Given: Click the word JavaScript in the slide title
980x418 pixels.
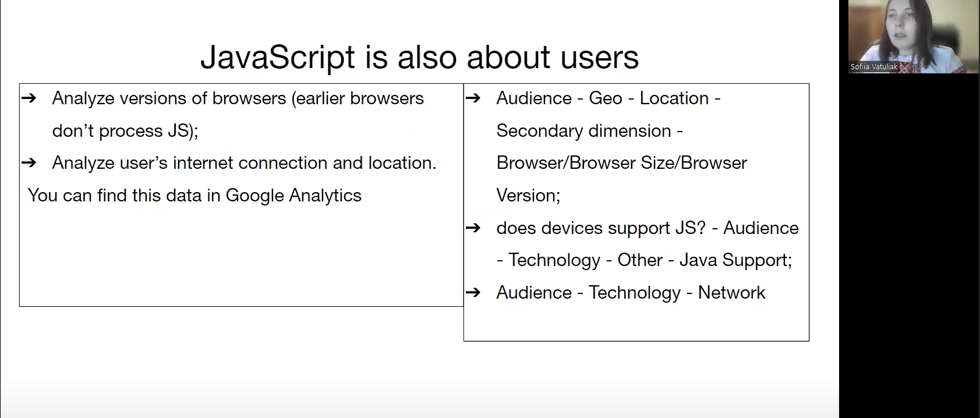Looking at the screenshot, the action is pyautogui.click(x=277, y=58).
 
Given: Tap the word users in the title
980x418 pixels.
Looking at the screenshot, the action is pyautogui.click(x=599, y=57).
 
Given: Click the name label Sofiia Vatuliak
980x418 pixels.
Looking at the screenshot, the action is pyautogui.click(x=873, y=67).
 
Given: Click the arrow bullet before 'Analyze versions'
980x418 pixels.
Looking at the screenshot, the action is pyautogui.click(x=29, y=98).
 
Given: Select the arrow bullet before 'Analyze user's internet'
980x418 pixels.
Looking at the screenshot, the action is pyautogui.click(x=29, y=162).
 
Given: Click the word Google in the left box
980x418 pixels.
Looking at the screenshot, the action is pyautogui.click(x=254, y=196).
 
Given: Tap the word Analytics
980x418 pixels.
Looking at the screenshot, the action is pyautogui.click(x=325, y=196).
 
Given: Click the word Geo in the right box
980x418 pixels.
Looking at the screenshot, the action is pyautogui.click(x=606, y=98).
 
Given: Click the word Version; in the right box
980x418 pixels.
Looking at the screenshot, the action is pyautogui.click(x=529, y=196).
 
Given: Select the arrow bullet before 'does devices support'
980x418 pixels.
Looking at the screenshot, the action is pyautogui.click(x=473, y=228).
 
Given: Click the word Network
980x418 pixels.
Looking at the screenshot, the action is pyautogui.click(x=731, y=292).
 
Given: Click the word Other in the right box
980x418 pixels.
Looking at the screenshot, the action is pyautogui.click(x=640, y=260).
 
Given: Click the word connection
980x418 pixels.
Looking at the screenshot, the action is pyautogui.click(x=283, y=163).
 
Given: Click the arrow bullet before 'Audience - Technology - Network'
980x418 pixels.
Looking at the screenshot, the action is pyautogui.click(x=473, y=292).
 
